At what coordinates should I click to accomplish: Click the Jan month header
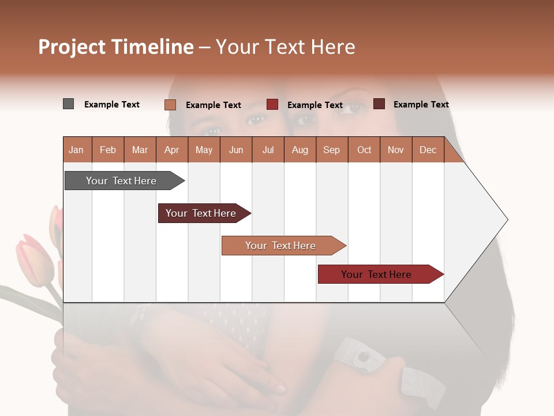pyautogui.click(x=76, y=150)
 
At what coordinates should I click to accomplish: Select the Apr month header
pyautogui.click(x=171, y=150)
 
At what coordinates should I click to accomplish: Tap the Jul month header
pyautogui.click(x=268, y=150)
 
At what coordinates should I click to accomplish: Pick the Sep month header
pyautogui.click(x=331, y=150)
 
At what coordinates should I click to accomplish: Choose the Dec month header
pyautogui.click(x=428, y=150)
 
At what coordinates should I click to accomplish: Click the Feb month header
pyautogui.click(x=108, y=150)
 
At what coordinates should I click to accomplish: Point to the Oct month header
pyautogui.click(x=364, y=150)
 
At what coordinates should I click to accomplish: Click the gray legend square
pyautogui.click(x=68, y=104)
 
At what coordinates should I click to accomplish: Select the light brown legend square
pyautogui.click(x=170, y=105)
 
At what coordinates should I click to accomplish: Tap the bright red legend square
pyautogui.click(x=272, y=105)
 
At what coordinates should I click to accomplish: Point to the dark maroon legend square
pyautogui.click(x=379, y=104)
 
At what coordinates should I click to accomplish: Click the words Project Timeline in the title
pyautogui.click(x=115, y=47)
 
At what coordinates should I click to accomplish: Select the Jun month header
pyautogui.click(x=236, y=150)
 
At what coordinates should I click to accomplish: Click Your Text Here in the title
pyautogui.click(x=286, y=47)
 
